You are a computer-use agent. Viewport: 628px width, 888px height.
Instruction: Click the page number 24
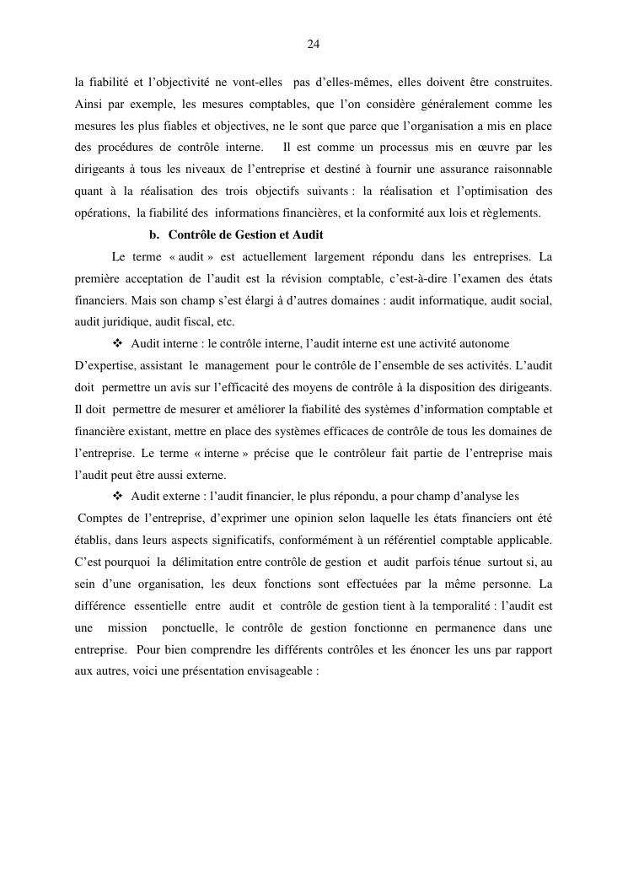click(x=314, y=44)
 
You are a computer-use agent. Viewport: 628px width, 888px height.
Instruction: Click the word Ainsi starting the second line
click(x=89, y=105)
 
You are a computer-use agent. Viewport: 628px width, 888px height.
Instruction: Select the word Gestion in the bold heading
click(x=257, y=234)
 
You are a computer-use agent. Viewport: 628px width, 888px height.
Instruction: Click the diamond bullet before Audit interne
click(x=117, y=343)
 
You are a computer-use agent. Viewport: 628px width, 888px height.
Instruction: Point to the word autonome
click(x=482, y=343)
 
